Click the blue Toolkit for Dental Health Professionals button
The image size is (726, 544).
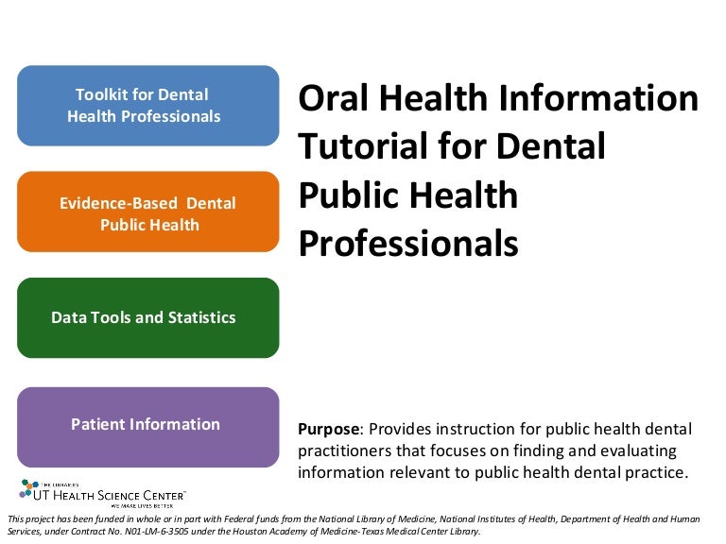(148, 106)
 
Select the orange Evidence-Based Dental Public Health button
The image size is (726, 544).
(148, 212)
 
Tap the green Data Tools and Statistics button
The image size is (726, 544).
(148, 317)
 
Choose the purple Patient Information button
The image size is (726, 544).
(148, 427)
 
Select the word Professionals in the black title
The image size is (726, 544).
(408, 244)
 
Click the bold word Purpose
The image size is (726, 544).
(329, 430)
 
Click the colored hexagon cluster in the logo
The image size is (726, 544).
(27, 488)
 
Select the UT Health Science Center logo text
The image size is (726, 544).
(110, 496)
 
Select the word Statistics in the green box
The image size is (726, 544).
(202, 317)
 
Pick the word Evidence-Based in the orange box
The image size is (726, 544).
(118, 204)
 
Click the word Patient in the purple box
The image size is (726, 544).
(97, 425)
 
